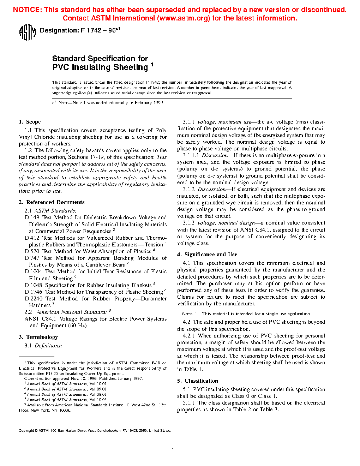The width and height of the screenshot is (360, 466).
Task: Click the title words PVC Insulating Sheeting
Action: [x=100, y=67]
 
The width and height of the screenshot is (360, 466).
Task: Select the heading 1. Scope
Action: [x=30, y=122]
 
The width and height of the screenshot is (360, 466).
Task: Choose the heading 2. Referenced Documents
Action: [x=52, y=202]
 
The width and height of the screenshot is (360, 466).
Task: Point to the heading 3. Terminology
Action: [x=38, y=337]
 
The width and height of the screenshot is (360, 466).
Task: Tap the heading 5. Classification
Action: [x=198, y=381]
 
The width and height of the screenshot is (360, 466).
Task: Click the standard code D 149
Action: [x=32, y=217]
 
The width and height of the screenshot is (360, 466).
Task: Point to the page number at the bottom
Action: [x=172, y=447]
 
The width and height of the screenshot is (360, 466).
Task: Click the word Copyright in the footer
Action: [x=26, y=431]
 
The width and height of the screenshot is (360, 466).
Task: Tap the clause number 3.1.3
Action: [x=188, y=223]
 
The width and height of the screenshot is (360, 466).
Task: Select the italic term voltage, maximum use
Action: [x=224, y=122]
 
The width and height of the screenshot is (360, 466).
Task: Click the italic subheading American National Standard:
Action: [x=71, y=312]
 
